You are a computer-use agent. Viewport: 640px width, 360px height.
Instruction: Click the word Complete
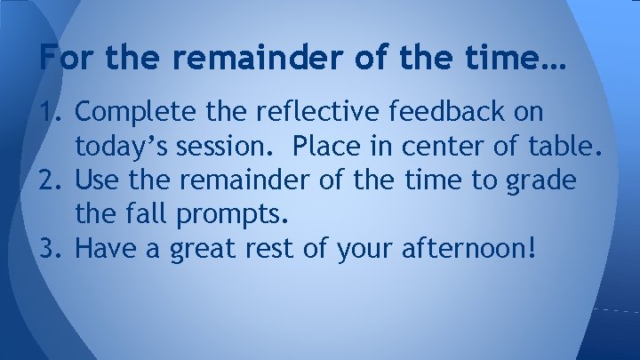(131, 113)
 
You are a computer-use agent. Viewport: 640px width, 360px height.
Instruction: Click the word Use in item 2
(99, 180)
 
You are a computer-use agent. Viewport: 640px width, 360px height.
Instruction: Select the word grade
(542, 182)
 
